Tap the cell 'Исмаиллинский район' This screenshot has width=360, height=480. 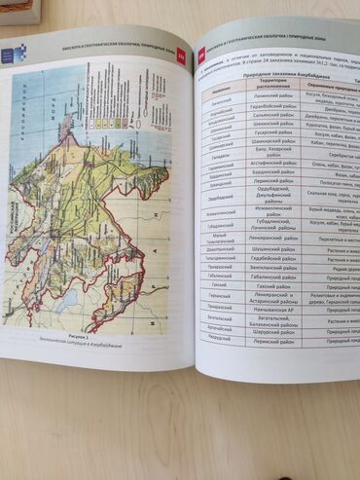274,236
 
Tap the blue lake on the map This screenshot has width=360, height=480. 65,304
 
